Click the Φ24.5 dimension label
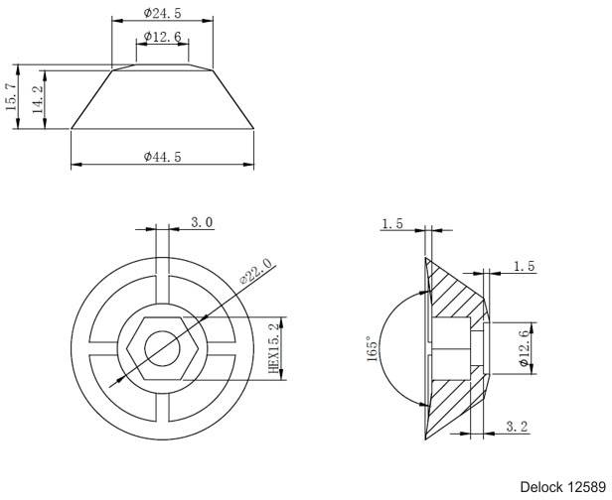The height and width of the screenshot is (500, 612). click(x=162, y=13)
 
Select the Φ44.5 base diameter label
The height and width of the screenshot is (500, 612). click(x=162, y=157)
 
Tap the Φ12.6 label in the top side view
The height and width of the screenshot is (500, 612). click(x=162, y=37)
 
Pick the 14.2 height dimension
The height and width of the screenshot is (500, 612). click(x=38, y=99)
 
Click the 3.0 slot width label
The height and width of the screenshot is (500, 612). click(x=202, y=222)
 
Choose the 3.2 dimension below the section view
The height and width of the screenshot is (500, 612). click(x=517, y=427)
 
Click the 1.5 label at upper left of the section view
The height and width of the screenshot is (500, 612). click(x=392, y=224)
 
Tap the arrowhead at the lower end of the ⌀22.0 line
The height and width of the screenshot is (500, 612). click(x=120, y=382)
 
